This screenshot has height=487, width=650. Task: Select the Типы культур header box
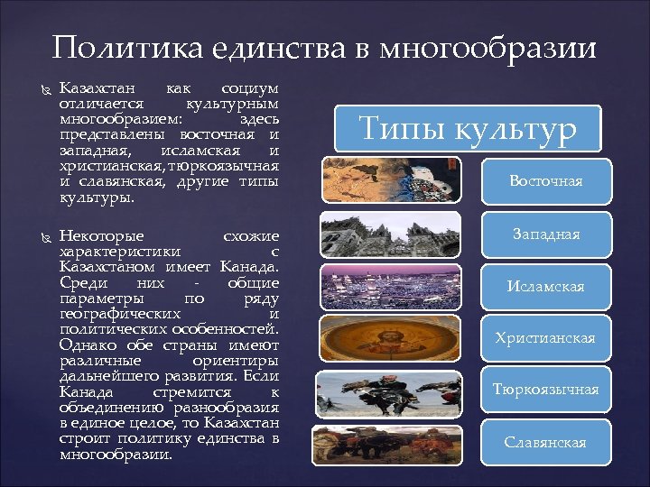coord(468,128)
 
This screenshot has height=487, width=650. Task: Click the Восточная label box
coord(545,181)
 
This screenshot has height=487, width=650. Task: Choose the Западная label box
coord(545,234)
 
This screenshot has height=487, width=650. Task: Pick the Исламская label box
coord(545,286)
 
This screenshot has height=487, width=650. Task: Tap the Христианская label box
coord(545,338)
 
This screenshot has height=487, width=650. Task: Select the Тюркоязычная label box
coord(545,390)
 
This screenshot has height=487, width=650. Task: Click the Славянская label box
coord(545,442)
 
